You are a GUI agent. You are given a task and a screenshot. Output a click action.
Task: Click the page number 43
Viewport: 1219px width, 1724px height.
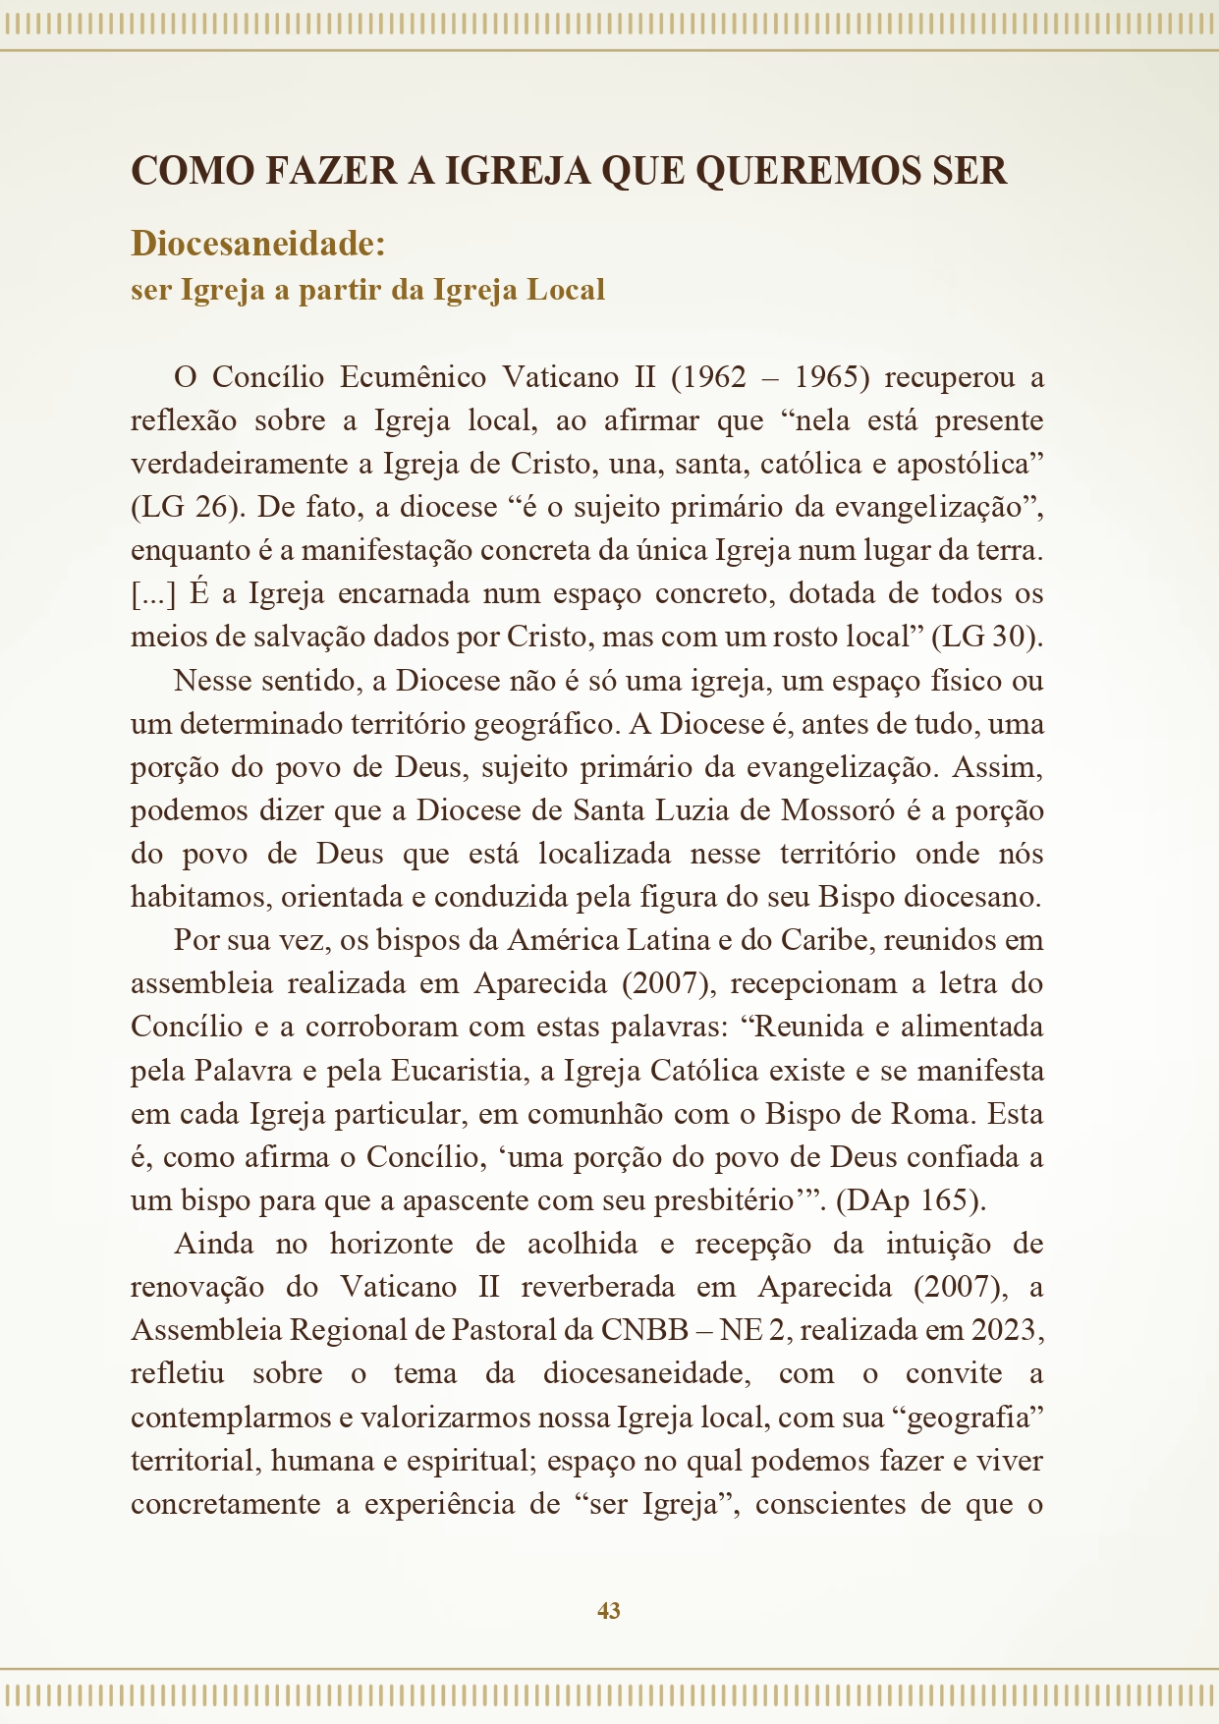click(608, 1611)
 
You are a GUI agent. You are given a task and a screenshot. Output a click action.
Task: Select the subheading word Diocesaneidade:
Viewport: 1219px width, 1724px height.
click(258, 244)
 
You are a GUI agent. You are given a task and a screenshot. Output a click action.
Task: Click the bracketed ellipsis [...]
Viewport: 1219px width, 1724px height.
click(153, 593)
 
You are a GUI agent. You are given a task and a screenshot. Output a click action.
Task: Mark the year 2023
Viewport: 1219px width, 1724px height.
click(1004, 1330)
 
